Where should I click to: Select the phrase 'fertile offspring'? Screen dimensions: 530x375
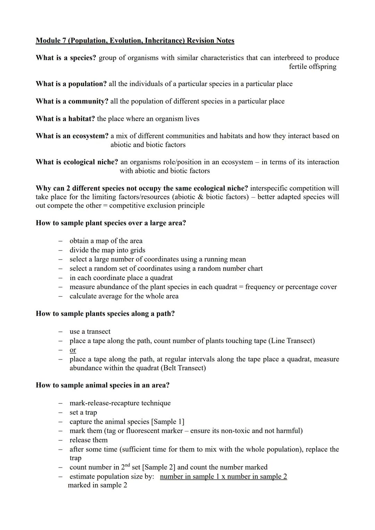[312, 67]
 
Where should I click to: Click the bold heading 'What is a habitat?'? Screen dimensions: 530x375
[65, 119]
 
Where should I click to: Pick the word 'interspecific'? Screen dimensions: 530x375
[269, 188]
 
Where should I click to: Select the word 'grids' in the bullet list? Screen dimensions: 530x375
[137, 250]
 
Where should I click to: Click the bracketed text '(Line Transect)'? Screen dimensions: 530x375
[292, 341]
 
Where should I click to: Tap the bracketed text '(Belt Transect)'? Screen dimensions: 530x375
[183, 368]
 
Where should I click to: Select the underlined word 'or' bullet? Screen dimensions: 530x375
[73, 350]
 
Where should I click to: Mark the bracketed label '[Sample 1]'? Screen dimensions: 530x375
[168, 422]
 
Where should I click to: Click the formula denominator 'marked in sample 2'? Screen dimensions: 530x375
[98, 485]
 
